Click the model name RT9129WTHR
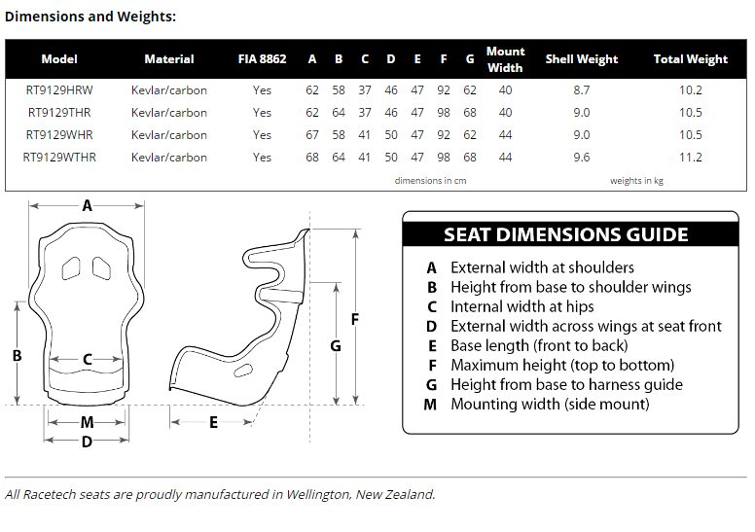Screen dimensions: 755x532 click(59, 158)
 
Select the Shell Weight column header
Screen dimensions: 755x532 click(582, 59)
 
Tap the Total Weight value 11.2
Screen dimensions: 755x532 click(691, 158)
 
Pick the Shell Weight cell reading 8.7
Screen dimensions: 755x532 click(582, 90)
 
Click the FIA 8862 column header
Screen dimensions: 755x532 click(262, 59)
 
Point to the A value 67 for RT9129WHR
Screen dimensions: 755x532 click(312, 135)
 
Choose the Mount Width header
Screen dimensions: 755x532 click(505, 59)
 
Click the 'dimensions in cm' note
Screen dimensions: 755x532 click(430, 181)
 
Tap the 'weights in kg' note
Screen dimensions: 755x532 click(636, 181)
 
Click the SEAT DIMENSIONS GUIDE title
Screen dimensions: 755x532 click(566, 234)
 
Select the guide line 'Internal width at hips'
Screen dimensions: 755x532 click(521, 306)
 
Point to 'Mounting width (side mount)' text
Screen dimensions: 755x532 click(550, 404)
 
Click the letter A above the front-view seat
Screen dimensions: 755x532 click(87, 205)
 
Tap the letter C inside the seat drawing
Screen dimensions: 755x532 click(88, 359)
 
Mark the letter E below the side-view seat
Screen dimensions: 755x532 click(213, 423)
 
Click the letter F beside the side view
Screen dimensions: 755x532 click(355, 319)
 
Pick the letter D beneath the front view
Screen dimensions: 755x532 click(87, 442)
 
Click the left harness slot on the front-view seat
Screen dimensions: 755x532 click(71, 268)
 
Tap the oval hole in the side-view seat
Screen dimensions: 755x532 click(242, 371)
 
